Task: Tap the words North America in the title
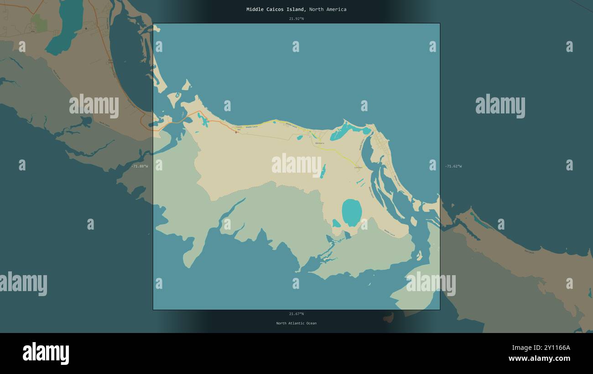328,9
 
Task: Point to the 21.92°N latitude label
296,19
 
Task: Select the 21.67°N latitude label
296,314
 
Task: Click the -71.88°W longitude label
140,166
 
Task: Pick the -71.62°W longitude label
453,166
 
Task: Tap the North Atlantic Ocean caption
296,323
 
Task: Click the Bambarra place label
319,143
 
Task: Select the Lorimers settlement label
358,168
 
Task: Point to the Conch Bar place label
239,128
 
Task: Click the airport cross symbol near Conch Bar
236,132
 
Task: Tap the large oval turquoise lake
352,212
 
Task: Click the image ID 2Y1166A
552,348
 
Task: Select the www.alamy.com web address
539,359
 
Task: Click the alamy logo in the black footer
46,354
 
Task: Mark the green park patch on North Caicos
39,23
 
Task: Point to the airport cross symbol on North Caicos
86,28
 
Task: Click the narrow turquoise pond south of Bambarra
323,172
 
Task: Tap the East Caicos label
529,251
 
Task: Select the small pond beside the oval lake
336,223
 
